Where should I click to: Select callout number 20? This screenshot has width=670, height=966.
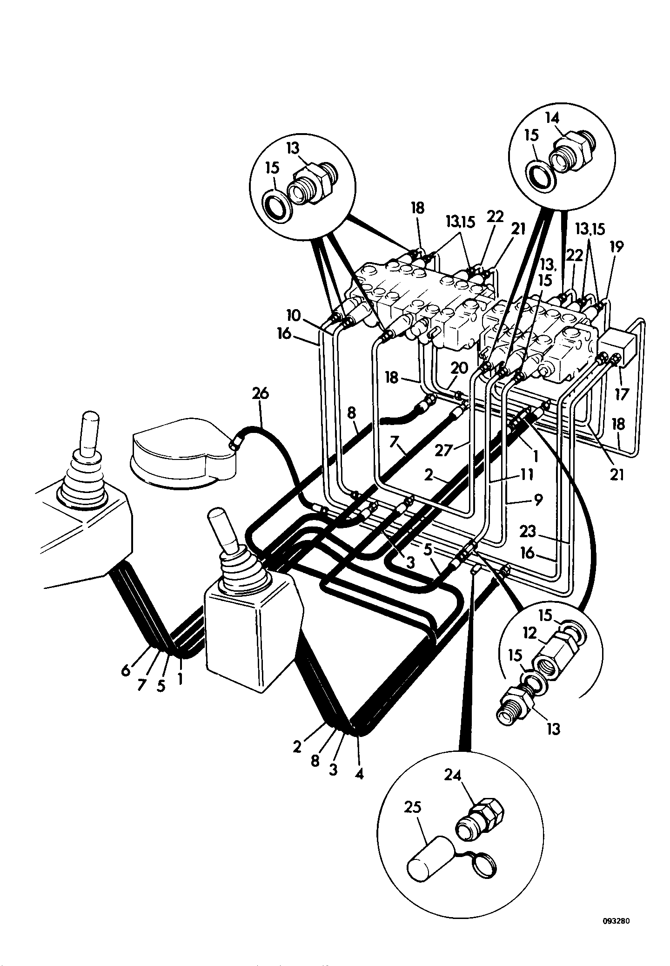click(x=459, y=368)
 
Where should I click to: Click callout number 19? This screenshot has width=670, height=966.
click(x=616, y=247)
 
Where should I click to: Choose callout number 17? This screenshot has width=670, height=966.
click(x=622, y=394)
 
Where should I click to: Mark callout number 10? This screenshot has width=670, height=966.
click(x=294, y=317)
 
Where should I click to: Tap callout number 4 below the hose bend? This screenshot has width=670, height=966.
click(x=359, y=773)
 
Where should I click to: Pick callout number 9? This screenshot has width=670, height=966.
click(x=537, y=500)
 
